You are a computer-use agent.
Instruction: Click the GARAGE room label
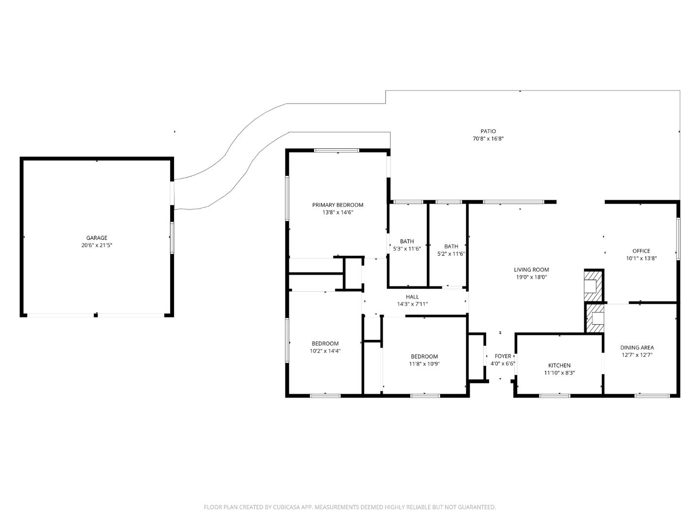pyautogui.click(x=97, y=238)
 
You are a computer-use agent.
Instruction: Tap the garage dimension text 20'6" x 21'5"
pyautogui.click(x=97, y=245)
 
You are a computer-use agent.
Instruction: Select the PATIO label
pyautogui.click(x=488, y=131)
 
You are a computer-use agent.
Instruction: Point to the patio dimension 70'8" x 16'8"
pyautogui.click(x=488, y=139)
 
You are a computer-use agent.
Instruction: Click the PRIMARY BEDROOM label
pyautogui.click(x=337, y=205)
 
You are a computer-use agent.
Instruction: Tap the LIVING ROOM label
pyautogui.click(x=531, y=270)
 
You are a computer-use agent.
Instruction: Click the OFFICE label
pyautogui.click(x=641, y=251)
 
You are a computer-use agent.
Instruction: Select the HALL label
pyautogui.click(x=412, y=297)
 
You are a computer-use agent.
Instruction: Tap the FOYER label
pyautogui.click(x=503, y=356)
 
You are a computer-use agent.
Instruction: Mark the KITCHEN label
pyautogui.click(x=559, y=366)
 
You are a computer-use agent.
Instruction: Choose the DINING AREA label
pyautogui.click(x=637, y=348)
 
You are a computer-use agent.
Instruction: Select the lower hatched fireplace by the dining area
pyautogui.click(x=595, y=318)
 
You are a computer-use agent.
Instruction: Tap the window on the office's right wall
pyautogui.click(x=678, y=239)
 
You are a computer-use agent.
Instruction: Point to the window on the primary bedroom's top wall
pyautogui.click(x=336, y=150)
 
